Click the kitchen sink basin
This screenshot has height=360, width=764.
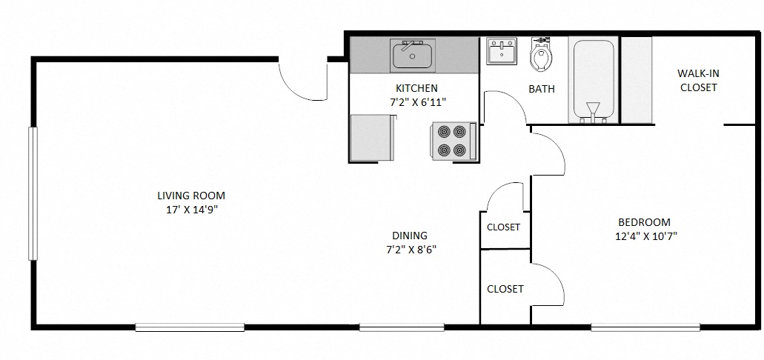point(413,56)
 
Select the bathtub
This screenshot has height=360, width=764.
point(592,80)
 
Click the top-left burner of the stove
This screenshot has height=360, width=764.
point(444,132)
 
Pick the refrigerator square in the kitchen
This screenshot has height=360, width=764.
point(371,138)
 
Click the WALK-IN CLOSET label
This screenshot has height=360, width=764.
point(698,80)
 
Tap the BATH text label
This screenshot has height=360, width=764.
point(542,89)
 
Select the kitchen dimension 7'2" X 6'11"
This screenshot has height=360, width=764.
point(418,102)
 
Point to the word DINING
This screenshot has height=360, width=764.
point(409,236)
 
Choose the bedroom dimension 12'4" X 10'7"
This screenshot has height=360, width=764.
point(644,236)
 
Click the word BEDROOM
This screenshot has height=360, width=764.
point(644,222)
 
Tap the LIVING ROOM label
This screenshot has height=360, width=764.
point(190,196)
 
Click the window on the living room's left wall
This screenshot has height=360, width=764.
point(32,193)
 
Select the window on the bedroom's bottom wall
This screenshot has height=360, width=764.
point(645,327)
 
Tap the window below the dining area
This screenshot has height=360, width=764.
point(402,327)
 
